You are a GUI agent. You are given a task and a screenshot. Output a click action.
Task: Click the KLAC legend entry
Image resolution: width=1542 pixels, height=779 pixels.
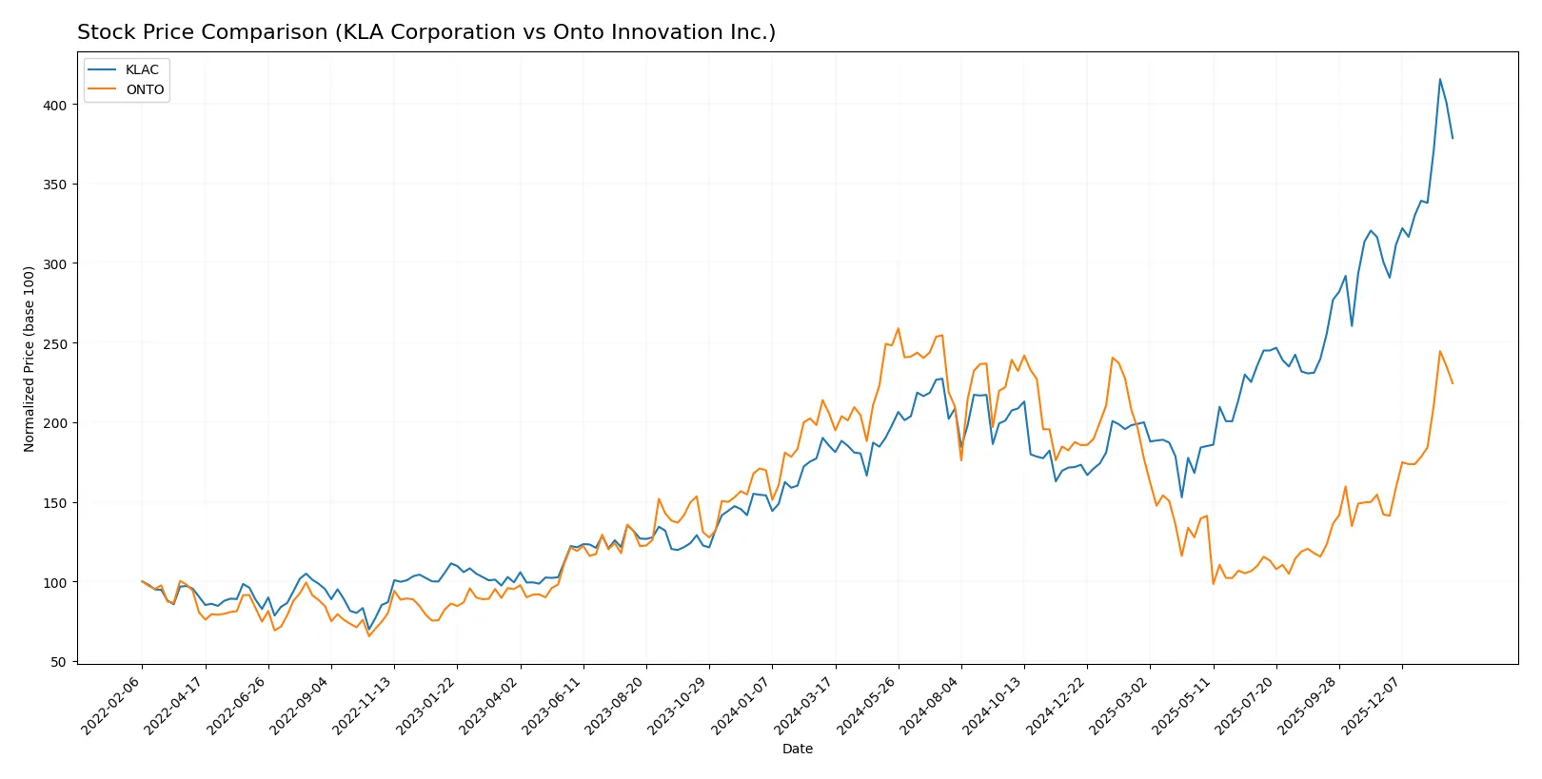pyautogui.click(x=142, y=69)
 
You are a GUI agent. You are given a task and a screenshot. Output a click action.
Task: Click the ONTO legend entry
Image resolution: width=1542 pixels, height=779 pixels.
pyautogui.click(x=145, y=89)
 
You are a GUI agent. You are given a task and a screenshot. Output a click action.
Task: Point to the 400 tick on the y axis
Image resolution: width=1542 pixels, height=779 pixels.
pyautogui.click(x=55, y=105)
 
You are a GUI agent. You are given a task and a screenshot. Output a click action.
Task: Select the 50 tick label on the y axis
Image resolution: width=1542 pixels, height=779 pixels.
pyautogui.click(x=59, y=662)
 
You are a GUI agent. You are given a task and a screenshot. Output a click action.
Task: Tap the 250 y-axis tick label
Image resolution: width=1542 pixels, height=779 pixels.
pyautogui.click(x=55, y=343)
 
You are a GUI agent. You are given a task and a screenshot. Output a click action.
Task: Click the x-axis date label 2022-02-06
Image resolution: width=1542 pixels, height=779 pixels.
pyautogui.click(x=112, y=705)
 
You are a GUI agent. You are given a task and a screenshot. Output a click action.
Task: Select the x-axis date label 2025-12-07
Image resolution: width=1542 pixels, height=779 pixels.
pyautogui.click(x=1373, y=705)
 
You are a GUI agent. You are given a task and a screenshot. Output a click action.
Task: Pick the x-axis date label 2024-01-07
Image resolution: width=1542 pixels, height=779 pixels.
pyautogui.click(x=742, y=705)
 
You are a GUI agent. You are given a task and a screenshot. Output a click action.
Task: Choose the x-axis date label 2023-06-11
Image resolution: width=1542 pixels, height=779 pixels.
pyautogui.click(x=553, y=705)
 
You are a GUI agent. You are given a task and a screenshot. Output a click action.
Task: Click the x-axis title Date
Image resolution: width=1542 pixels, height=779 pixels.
pyautogui.click(x=797, y=749)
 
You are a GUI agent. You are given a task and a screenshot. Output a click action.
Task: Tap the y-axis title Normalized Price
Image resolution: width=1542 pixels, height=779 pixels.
pyautogui.click(x=29, y=359)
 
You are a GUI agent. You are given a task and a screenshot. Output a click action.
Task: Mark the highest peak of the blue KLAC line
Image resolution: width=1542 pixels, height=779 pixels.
pyautogui.click(x=1440, y=79)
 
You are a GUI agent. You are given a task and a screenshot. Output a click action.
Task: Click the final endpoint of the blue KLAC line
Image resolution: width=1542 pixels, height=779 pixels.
pyautogui.click(x=1453, y=139)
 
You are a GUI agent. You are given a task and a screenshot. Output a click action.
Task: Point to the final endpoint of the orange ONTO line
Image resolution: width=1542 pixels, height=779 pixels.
pyautogui.click(x=1453, y=383)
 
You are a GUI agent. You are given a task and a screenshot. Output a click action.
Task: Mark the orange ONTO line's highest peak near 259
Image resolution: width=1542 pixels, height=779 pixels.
pyautogui.click(x=898, y=329)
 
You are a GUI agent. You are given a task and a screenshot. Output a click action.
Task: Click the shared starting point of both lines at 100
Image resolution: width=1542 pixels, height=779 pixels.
pyautogui.click(x=142, y=581)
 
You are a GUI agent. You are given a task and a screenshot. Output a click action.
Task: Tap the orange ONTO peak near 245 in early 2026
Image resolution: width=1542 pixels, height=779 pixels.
pyautogui.click(x=1440, y=351)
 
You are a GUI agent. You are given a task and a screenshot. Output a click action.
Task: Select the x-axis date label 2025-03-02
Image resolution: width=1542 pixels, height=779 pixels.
pyautogui.click(x=1120, y=705)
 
